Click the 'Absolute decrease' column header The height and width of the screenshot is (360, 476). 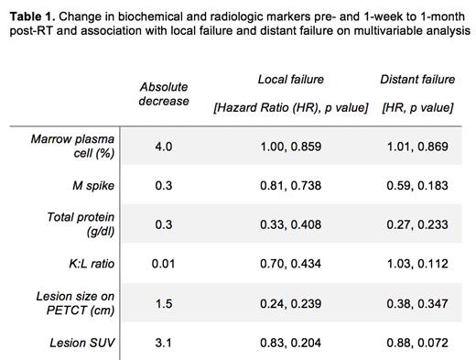[164, 93]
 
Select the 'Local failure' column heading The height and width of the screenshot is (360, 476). [290, 80]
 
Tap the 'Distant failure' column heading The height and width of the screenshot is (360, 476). [416, 80]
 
